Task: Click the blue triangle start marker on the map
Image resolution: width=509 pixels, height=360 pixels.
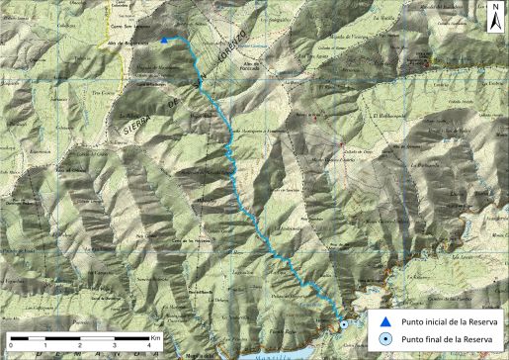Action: (x=164, y=41)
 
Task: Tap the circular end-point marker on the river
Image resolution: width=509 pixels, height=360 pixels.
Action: (x=343, y=323)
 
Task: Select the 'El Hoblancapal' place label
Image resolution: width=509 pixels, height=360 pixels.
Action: (x=390, y=117)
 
